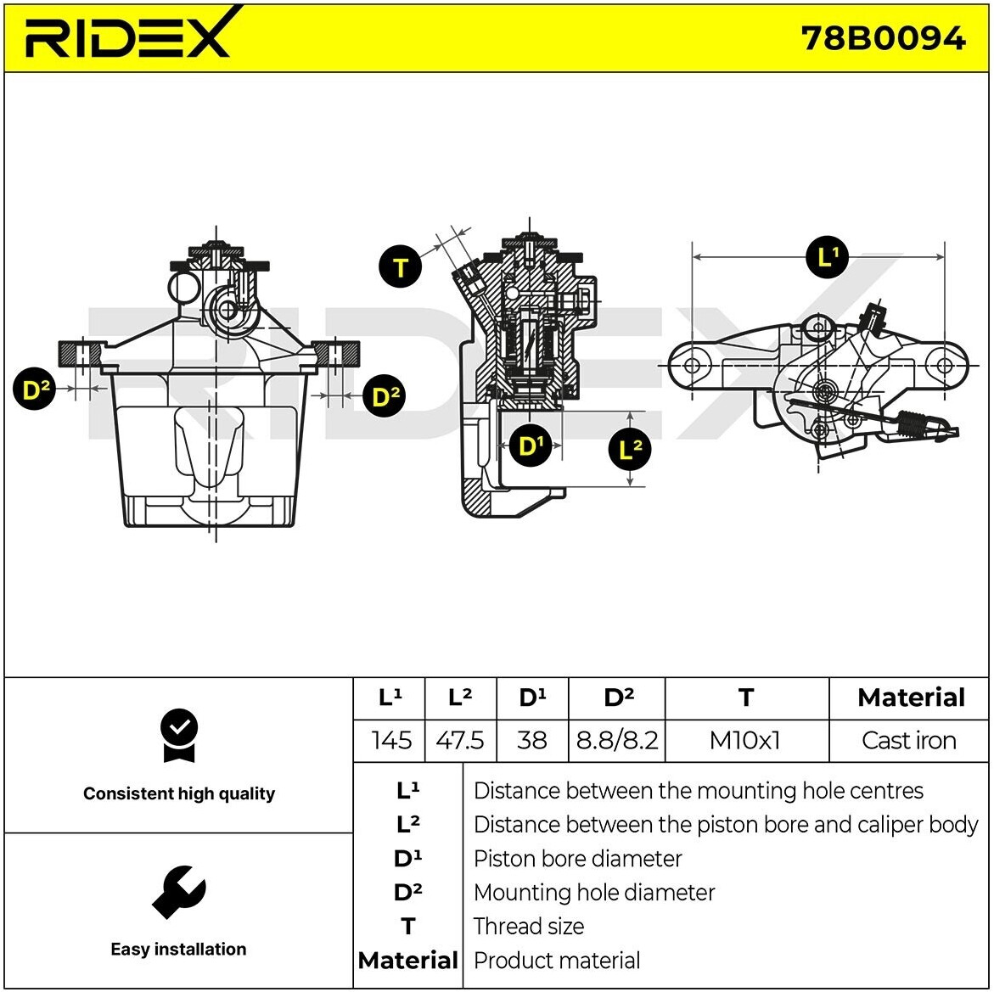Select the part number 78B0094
coord(883,38)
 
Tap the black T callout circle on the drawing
coord(401,268)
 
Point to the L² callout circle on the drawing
coord(630,450)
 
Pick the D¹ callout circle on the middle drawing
coord(531,446)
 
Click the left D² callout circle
coord(35,390)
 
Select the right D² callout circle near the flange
coord(385,396)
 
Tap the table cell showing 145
coord(391,740)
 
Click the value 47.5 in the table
coord(459,740)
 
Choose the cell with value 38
coord(531,740)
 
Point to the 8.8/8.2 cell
coord(617,740)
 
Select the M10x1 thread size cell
coord(744,740)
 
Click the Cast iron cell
coord(908,740)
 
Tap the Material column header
coord(911,698)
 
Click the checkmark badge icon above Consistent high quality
coord(178,735)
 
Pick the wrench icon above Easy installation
coord(178,891)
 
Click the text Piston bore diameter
coord(577,859)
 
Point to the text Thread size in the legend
coord(529,926)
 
